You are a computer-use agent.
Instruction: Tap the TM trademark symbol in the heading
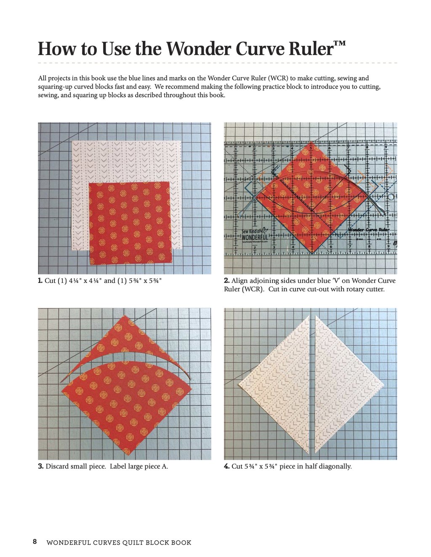(340, 44)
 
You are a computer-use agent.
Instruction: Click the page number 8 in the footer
(35, 542)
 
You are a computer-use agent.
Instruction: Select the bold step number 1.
(40, 281)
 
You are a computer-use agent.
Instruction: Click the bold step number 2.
(226, 281)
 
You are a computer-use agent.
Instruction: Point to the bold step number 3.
(41, 466)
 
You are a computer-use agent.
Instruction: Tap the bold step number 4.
(226, 466)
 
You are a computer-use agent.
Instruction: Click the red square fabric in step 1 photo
(130, 223)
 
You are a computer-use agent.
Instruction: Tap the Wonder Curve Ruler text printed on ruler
(368, 230)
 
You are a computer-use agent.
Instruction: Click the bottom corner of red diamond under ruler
(311, 252)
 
